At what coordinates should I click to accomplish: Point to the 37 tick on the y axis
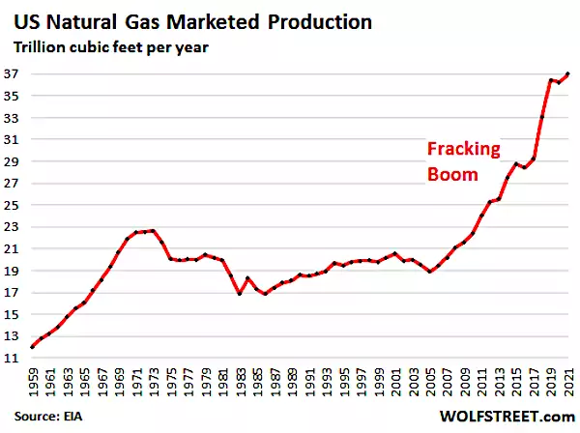(x=16, y=72)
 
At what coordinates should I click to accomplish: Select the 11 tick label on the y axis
(x=16, y=359)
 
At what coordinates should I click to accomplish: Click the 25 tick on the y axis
(x=16, y=205)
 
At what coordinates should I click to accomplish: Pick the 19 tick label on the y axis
(x=16, y=271)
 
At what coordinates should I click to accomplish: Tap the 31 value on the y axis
(x=16, y=138)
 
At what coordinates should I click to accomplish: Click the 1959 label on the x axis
(x=34, y=382)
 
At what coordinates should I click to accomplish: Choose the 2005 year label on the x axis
(x=430, y=382)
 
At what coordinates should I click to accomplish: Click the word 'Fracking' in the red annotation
(x=465, y=150)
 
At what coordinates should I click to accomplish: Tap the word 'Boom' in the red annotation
(x=452, y=175)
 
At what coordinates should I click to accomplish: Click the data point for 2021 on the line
(x=567, y=73)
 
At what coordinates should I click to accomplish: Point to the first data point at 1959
(x=34, y=347)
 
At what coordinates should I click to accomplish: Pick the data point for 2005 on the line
(x=430, y=272)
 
